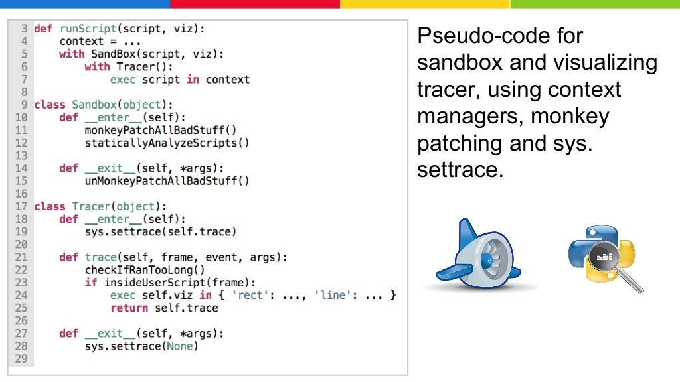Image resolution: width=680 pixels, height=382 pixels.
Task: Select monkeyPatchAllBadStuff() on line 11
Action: [161, 130]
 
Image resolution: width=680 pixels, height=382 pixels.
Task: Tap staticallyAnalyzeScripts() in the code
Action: [167, 143]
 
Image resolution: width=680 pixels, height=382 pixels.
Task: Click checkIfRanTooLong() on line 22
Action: [145, 270]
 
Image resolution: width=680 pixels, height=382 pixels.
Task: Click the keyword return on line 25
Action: [129, 308]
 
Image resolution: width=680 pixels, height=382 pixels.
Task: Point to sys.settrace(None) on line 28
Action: [141, 346]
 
